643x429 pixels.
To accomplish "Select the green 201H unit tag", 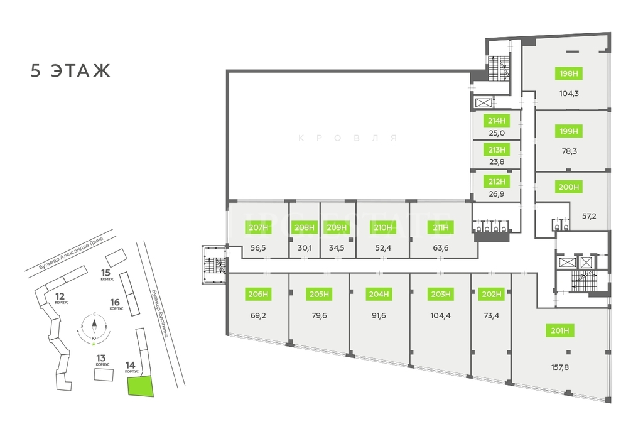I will (x=563, y=330).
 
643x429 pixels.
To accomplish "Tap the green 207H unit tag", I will (x=259, y=227).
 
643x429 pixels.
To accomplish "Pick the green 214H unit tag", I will (x=496, y=121).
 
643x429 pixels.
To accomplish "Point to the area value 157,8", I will (x=563, y=367).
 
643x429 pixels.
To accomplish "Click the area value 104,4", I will (x=441, y=315).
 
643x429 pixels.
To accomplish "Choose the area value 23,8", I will (x=496, y=162).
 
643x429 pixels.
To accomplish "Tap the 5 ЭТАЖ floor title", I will (x=70, y=71).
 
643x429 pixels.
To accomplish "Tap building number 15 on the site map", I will (x=106, y=273).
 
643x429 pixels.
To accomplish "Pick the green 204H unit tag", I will (x=379, y=293).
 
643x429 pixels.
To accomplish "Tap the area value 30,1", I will (x=305, y=248).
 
